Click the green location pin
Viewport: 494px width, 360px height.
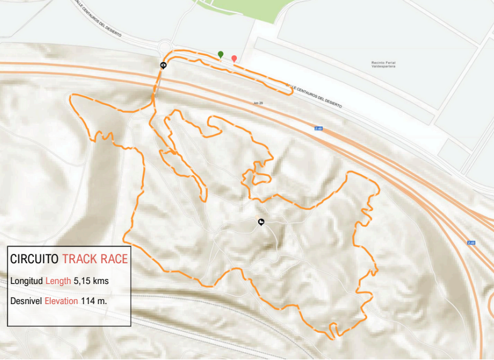[220, 55]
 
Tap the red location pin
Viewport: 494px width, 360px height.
[234, 59]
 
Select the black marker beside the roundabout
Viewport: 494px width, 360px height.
[163, 65]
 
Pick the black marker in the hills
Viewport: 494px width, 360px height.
[261, 222]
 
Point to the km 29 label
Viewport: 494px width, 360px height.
[257, 102]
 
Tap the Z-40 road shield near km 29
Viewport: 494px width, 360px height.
[319, 128]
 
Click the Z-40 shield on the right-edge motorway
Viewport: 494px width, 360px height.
[471, 243]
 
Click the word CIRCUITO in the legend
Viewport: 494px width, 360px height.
[35, 259]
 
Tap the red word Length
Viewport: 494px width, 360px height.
[58, 281]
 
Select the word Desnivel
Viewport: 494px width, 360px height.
[26, 301]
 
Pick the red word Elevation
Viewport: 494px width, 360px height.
[62, 301]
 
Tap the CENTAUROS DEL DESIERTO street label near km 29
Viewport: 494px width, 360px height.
[314, 97]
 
